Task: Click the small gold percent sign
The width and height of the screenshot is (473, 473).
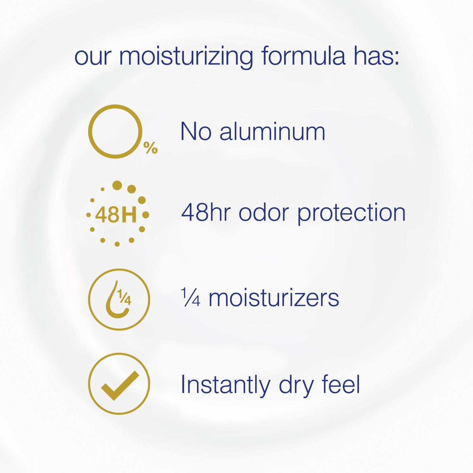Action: [151, 148]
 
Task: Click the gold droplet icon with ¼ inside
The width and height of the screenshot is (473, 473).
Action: [119, 299]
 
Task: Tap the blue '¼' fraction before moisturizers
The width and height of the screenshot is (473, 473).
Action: [191, 298]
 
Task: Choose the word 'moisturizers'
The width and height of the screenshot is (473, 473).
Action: [274, 298]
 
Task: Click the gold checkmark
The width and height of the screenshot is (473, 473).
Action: [120, 385]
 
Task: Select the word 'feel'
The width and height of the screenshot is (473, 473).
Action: [341, 384]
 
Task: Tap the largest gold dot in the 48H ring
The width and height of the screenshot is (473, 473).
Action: [117, 185]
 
